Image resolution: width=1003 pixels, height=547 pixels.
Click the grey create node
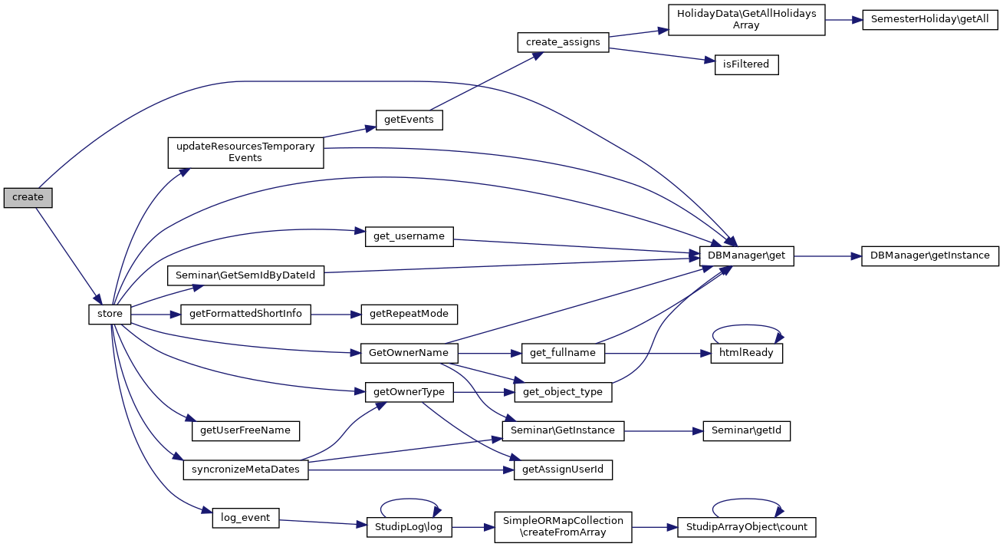click(x=28, y=197)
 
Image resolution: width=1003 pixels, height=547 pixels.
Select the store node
click(x=110, y=314)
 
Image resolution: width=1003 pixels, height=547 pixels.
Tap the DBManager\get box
click(x=746, y=255)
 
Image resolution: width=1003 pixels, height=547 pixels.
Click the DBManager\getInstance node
click(x=929, y=255)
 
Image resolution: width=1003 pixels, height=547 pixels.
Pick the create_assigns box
click(x=563, y=42)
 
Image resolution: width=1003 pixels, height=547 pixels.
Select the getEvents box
click(x=409, y=120)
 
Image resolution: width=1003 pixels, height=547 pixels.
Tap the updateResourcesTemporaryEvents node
click(x=245, y=152)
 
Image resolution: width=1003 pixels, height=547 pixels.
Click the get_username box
click(x=409, y=236)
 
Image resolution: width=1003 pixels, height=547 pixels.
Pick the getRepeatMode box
click(x=409, y=314)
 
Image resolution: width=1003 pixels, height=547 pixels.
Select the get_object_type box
click(x=563, y=392)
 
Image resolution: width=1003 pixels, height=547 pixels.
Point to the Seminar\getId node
click(x=746, y=430)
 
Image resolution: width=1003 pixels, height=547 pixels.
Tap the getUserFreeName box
click(x=245, y=430)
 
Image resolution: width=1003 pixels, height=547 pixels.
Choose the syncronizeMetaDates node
click(x=245, y=470)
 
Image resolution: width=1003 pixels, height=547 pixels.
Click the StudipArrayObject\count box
click(x=746, y=527)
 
